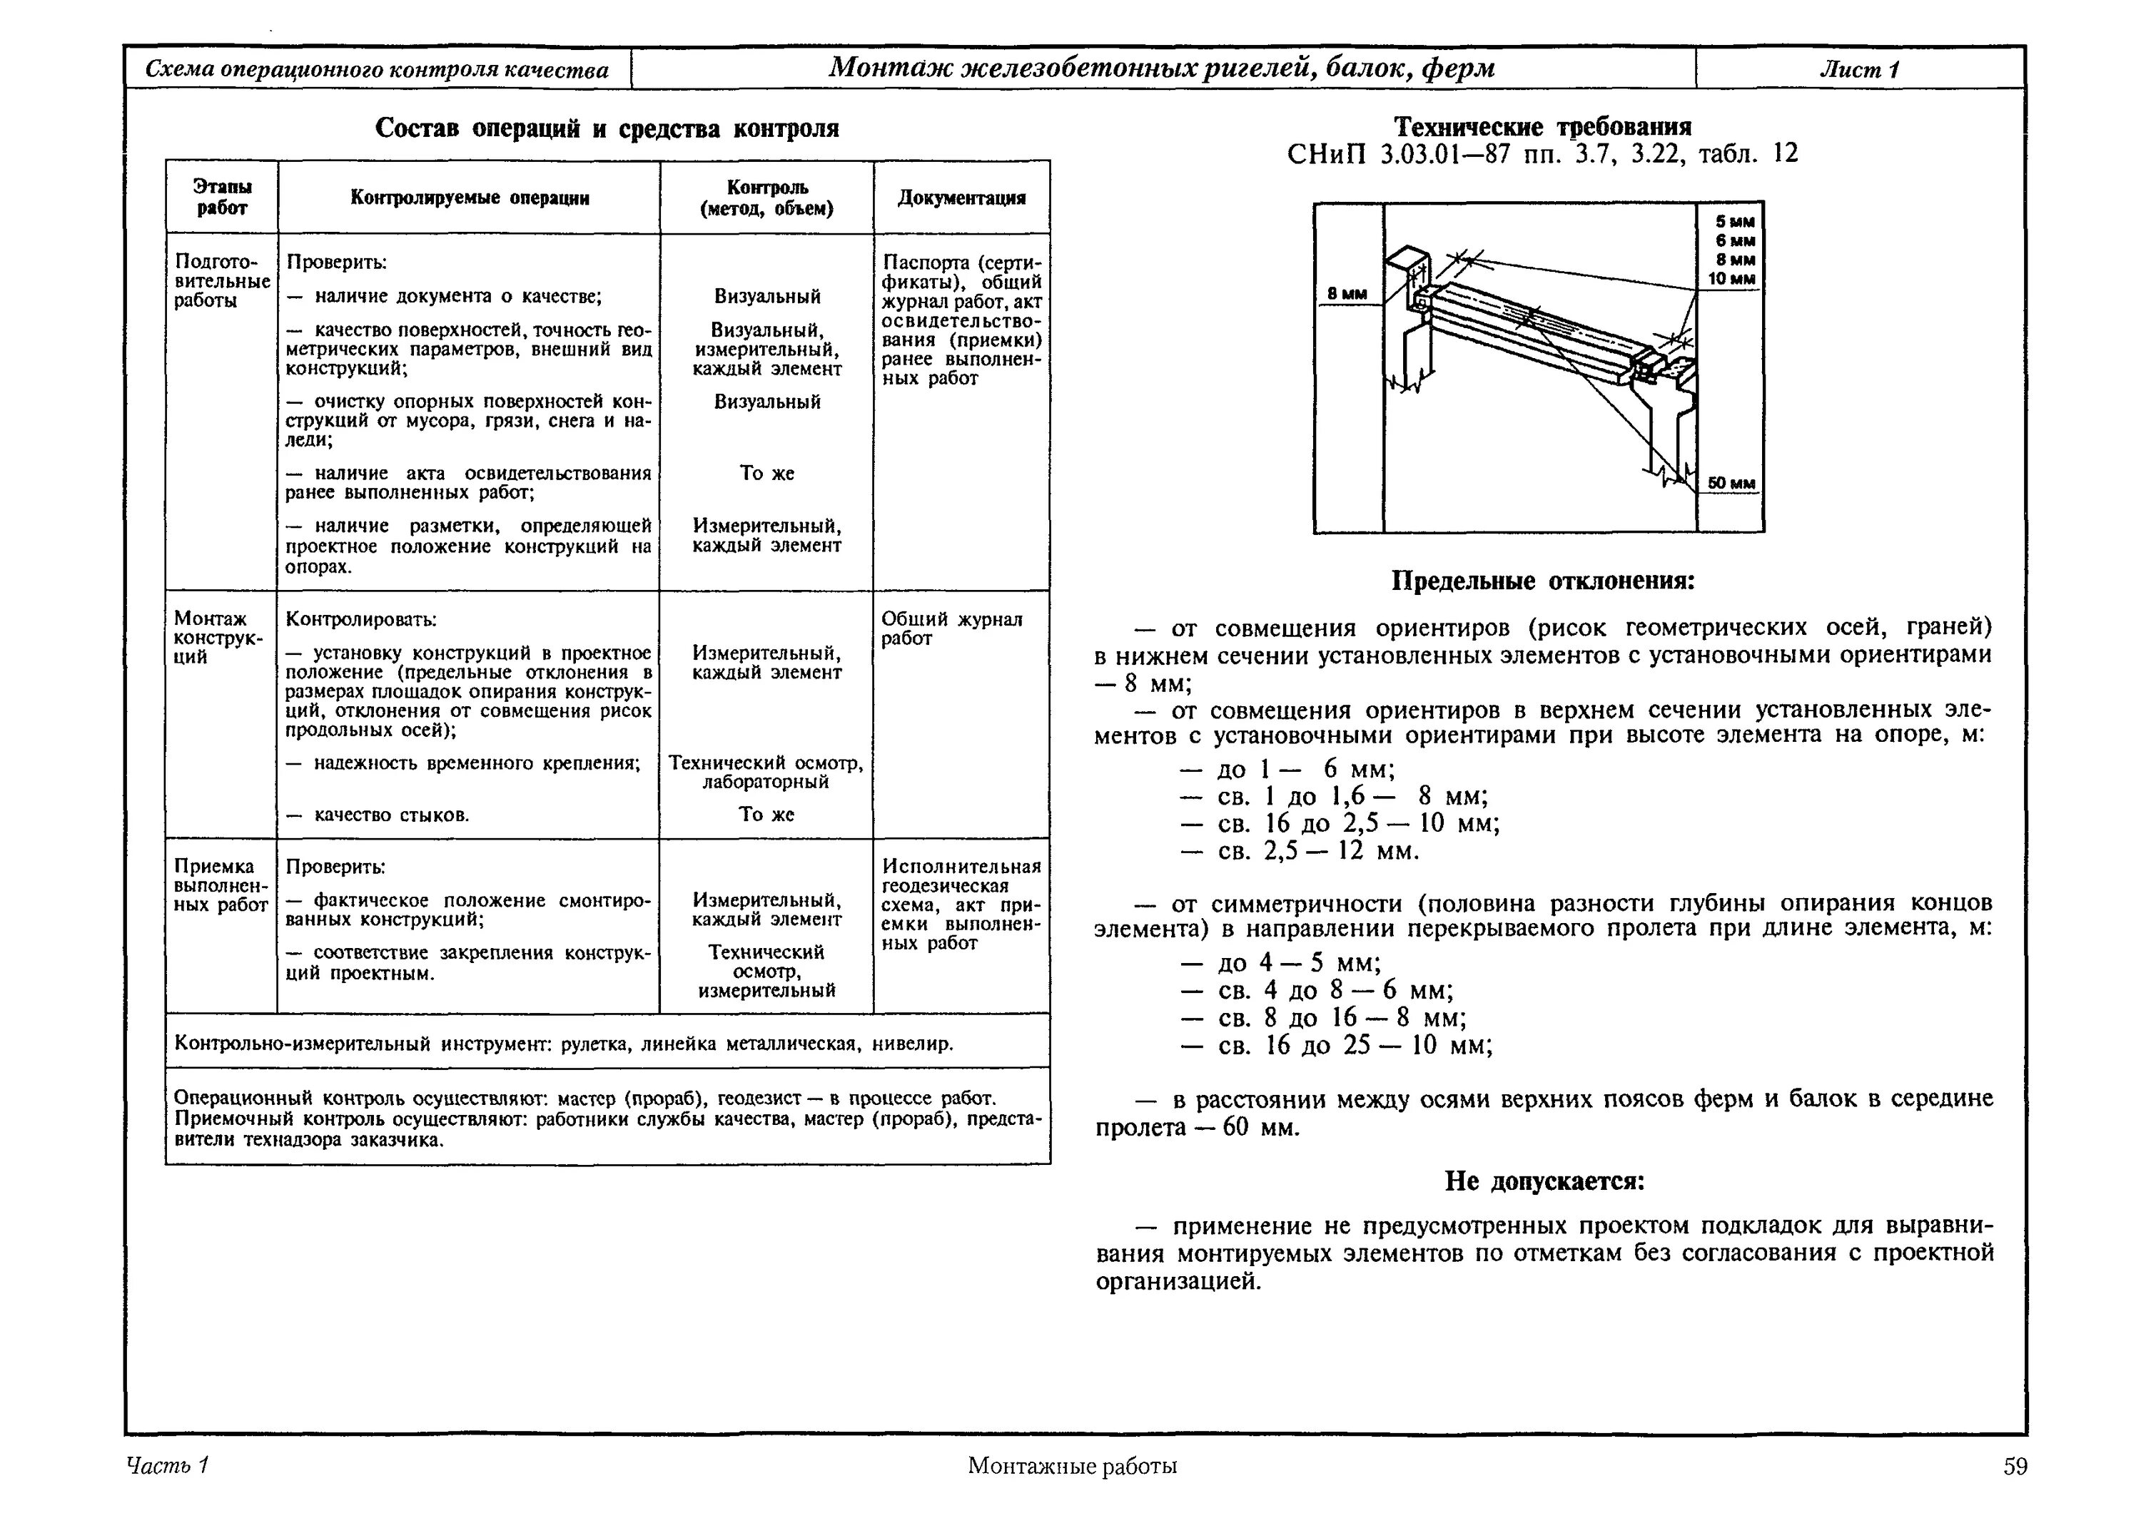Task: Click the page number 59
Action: (2014, 1467)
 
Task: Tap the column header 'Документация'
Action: (961, 198)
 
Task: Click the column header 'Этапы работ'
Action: (222, 198)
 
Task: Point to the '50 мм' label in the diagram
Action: (1731, 483)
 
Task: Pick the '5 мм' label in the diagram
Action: (1734, 222)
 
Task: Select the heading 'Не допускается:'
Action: (1544, 1182)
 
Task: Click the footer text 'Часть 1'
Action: (167, 1465)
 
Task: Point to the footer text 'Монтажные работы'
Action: (1073, 1467)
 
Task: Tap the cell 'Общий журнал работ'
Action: (952, 628)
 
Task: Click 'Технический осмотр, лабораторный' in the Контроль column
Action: (766, 773)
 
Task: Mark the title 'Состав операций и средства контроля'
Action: (607, 128)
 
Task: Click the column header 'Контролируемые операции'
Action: (469, 198)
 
